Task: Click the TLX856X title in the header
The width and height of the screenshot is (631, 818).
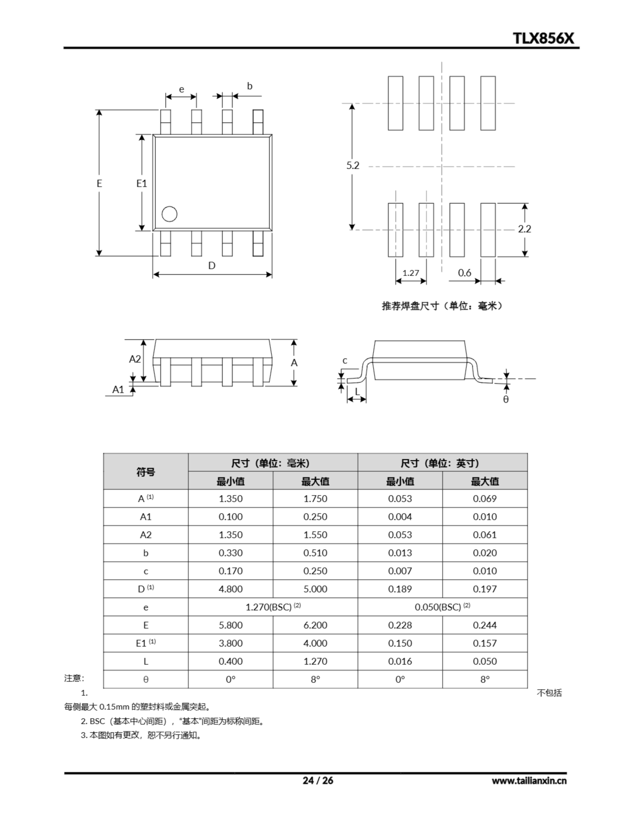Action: point(543,38)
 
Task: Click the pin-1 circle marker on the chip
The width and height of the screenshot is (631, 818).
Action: point(169,214)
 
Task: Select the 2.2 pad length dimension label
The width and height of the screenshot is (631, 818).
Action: point(524,229)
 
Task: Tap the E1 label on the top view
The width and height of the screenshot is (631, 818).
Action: point(141,183)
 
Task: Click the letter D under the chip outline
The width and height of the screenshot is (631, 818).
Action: point(212,266)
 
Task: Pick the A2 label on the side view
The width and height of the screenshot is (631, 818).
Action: point(135,359)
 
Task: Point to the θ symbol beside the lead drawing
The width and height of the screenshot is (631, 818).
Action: point(506,400)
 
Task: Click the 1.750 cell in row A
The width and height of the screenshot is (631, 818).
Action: point(315,498)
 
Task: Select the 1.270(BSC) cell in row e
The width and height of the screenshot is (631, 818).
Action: point(273,607)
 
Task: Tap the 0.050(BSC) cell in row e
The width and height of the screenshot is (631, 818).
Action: point(442,607)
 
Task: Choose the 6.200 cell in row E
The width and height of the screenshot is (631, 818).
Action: point(315,625)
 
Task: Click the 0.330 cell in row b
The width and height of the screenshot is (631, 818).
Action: point(230,553)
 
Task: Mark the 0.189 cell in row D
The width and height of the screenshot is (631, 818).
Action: point(400,589)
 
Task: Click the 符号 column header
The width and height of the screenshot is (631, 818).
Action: point(145,472)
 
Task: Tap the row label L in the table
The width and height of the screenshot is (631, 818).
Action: point(145,661)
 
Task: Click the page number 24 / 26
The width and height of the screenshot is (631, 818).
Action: point(317,780)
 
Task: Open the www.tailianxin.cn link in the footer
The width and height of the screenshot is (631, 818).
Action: point(529,781)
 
